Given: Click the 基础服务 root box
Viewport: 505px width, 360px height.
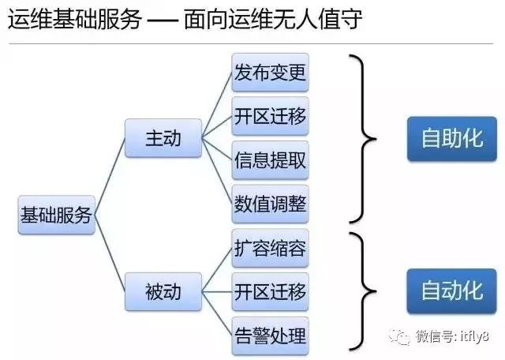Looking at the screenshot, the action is (x=57, y=215).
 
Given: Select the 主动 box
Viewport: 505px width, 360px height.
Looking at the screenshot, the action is (x=163, y=138).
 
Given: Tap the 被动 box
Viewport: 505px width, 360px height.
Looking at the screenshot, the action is (x=163, y=291).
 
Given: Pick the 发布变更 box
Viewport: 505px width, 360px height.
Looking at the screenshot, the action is (x=270, y=72).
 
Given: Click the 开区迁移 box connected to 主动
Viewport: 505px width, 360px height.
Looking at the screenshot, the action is (x=270, y=116).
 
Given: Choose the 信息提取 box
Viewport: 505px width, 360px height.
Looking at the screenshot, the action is (x=270, y=159).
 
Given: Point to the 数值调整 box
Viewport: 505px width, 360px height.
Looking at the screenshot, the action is (x=270, y=204).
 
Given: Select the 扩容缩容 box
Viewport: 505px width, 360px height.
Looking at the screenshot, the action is (x=270, y=248).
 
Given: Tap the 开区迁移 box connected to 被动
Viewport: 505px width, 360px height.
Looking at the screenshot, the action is (x=270, y=291).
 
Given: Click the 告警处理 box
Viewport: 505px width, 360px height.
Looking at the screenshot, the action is (x=270, y=336).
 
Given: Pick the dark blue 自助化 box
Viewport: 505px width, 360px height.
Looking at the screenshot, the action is (x=452, y=139).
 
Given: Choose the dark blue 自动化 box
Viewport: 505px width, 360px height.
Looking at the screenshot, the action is (x=452, y=291).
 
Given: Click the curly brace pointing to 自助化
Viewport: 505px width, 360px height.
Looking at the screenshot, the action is (x=364, y=139).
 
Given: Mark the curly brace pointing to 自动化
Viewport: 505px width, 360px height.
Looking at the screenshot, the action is (x=364, y=291).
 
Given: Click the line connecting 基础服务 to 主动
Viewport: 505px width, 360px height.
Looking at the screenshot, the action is (x=110, y=176).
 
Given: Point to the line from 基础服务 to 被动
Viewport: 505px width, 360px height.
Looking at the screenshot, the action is (x=110, y=253).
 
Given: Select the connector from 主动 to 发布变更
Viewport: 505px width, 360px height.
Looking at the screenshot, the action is (x=217, y=105).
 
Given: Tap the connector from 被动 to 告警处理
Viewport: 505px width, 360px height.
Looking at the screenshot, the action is (x=217, y=313).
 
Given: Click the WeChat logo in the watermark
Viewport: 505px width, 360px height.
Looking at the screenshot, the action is (x=400, y=336).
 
